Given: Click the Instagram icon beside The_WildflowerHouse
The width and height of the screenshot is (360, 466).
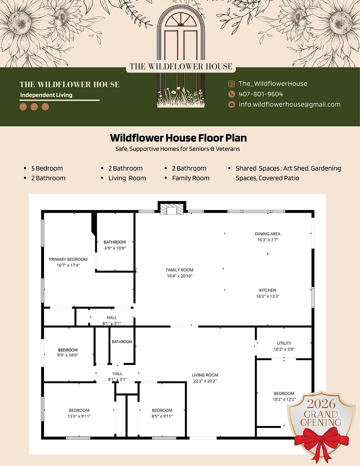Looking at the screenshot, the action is (x=231, y=84).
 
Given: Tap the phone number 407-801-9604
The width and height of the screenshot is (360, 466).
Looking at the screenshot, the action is (x=261, y=94).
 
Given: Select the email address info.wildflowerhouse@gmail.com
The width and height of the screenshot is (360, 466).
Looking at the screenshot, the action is (x=290, y=104).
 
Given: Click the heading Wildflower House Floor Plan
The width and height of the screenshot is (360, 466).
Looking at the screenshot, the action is (x=178, y=138).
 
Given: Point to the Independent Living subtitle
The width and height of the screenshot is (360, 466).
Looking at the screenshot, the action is (x=46, y=95).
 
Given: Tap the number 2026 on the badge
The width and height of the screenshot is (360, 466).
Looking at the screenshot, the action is (x=321, y=404).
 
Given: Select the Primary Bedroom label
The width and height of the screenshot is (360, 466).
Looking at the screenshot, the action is (x=68, y=259).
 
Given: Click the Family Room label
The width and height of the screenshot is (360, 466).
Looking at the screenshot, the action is (x=180, y=270).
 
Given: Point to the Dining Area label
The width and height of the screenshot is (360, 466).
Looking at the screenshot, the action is (x=268, y=234).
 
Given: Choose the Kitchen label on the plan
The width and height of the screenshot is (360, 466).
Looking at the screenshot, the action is (x=268, y=290).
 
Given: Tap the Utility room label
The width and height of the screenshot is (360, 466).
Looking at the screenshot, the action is (x=284, y=343).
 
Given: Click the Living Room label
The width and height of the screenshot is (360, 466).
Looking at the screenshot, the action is (x=205, y=375).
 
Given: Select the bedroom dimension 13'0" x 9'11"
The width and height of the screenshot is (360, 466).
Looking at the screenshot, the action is (x=79, y=416).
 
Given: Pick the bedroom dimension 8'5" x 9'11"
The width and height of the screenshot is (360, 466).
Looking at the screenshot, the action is (x=162, y=416).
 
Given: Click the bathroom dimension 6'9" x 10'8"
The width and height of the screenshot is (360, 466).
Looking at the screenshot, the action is (x=115, y=248).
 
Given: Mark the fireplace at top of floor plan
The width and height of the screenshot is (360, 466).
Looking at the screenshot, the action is (x=172, y=208).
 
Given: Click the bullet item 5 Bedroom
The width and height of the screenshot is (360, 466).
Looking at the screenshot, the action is (x=47, y=168).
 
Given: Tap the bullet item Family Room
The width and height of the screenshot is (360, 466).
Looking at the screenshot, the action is (x=191, y=178).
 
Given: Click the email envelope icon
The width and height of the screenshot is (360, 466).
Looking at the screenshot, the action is (x=231, y=104).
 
